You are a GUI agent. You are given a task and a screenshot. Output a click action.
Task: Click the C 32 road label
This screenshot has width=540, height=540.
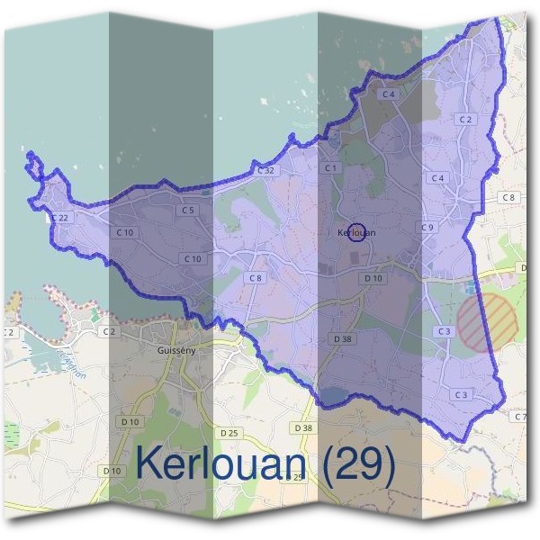[265, 170]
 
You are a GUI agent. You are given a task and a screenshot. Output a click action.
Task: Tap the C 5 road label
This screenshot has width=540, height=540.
[187, 210]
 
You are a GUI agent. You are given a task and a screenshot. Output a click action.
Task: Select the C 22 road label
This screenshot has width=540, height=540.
[60, 218]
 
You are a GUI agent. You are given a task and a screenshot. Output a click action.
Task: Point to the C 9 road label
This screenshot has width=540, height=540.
[427, 227]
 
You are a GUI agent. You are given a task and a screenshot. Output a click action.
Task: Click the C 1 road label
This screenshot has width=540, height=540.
[330, 168]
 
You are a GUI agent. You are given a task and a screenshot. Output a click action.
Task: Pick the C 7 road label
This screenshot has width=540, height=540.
[518, 417]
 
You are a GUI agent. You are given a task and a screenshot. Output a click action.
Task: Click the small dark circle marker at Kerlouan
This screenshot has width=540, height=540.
[356, 232]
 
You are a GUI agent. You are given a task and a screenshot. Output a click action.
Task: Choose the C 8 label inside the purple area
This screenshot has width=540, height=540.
[256, 278]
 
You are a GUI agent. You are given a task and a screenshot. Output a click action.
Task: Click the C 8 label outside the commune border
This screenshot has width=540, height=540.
[508, 196]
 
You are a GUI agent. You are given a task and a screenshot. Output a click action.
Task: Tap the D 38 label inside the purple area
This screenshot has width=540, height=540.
[342, 338]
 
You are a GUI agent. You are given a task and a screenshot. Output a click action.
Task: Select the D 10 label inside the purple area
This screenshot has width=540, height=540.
[373, 279]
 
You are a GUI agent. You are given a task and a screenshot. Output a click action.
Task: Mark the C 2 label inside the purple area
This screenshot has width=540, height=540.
[465, 119]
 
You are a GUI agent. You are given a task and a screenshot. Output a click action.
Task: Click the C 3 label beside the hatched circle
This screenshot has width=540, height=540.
[444, 332]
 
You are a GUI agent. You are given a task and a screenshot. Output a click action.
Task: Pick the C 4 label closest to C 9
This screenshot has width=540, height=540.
[437, 178]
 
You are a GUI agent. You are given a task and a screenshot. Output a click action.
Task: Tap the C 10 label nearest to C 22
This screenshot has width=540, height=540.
[125, 232]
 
